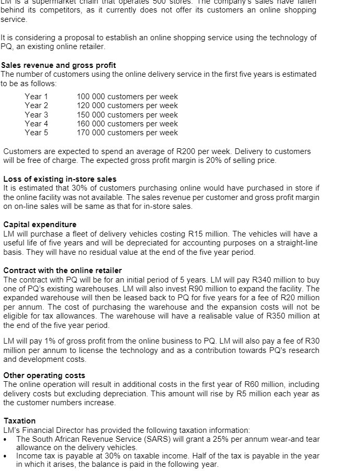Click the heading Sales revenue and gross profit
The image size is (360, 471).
58,65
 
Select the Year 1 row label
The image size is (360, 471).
37,97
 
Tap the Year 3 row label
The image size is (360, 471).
37,115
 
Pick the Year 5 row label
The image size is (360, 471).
37,133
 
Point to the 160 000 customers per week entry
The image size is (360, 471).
127,124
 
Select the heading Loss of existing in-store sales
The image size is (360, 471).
60,179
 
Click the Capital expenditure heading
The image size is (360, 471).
40,225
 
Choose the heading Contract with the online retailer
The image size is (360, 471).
63,270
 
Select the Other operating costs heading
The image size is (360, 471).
44,375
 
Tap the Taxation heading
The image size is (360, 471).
20,421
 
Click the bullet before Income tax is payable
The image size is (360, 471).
6,456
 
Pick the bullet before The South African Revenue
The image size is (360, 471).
6,439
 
